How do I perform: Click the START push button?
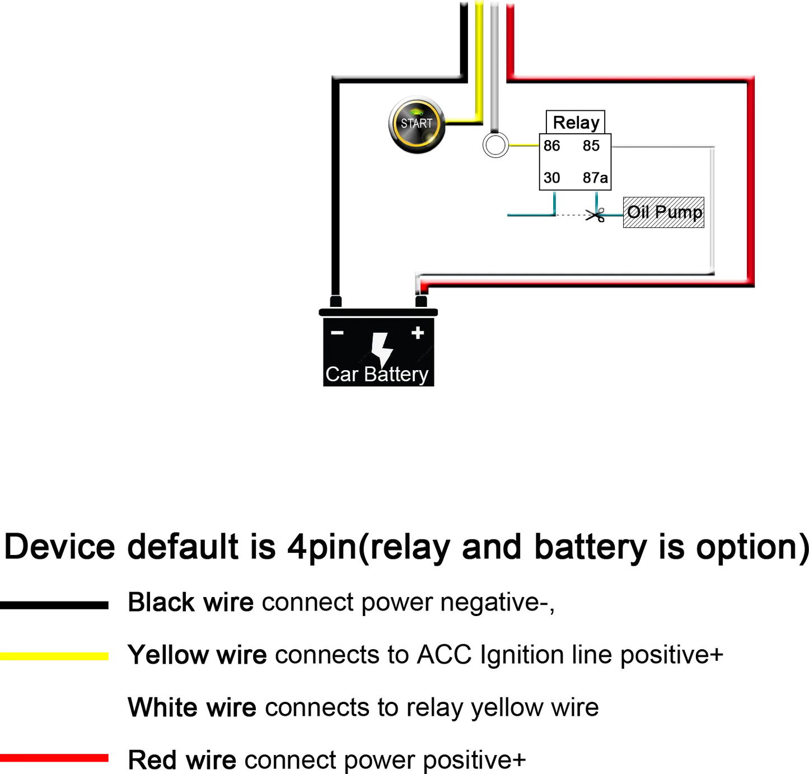click(x=417, y=124)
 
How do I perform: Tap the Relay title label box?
click(x=575, y=122)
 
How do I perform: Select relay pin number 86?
click(x=551, y=146)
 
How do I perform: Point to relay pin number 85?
click(x=591, y=146)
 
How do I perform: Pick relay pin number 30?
click(x=551, y=178)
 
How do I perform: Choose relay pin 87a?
click(x=595, y=178)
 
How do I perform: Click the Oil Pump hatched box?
click(x=663, y=212)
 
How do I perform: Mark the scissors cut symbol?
click(x=595, y=215)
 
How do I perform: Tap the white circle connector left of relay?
click(x=495, y=145)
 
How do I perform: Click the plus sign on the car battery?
click(x=418, y=332)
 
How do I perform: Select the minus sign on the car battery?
click(x=336, y=332)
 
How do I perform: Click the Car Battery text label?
click(x=377, y=374)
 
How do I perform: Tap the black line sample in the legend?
click(x=54, y=605)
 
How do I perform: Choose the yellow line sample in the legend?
click(x=54, y=656)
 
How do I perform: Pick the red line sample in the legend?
click(x=54, y=758)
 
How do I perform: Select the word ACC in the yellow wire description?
click(x=444, y=655)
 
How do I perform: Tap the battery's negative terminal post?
click(x=335, y=301)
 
